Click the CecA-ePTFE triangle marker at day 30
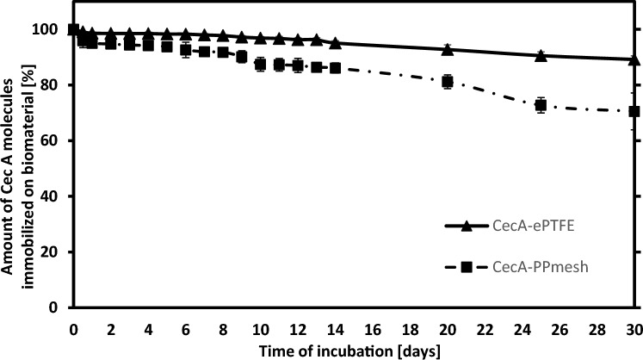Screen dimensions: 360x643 [634, 59]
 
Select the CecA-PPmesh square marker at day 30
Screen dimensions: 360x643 [634, 111]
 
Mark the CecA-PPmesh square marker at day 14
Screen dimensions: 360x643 [335, 67]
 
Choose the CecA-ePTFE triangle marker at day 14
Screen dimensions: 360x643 [335, 42]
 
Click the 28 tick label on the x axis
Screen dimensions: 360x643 [597, 327]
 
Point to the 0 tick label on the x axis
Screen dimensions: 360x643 [73, 327]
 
